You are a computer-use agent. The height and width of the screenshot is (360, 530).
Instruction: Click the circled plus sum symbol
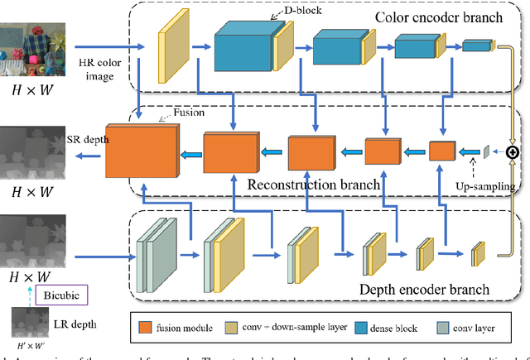click(513, 152)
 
